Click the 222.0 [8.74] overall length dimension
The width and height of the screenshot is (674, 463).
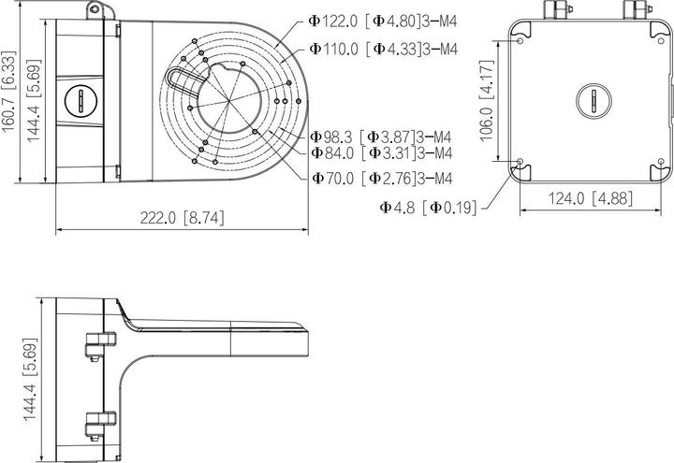coord(183,217)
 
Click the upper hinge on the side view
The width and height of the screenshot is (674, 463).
coord(94,344)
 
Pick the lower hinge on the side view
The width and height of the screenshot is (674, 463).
coord(94,422)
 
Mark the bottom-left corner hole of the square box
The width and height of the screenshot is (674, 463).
coord(520,163)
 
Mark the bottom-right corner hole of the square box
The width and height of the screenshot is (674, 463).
coord(661,163)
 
